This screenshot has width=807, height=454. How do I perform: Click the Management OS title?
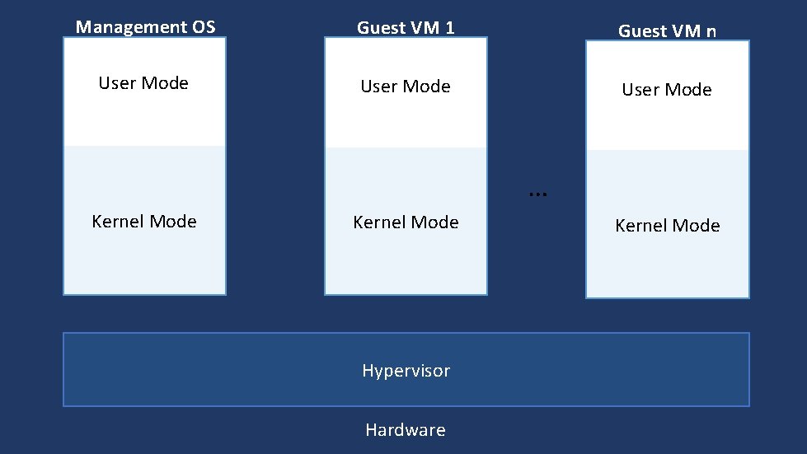point(145,27)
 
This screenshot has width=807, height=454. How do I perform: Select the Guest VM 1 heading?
point(406,28)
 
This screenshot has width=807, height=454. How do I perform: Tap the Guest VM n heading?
point(667,31)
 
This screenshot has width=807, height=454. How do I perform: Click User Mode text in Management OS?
point(143,83)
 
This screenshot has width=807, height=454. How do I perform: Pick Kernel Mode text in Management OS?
point(144,222)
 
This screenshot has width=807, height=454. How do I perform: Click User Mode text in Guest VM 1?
point(406,87)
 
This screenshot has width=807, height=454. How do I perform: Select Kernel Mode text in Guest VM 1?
point(406,222)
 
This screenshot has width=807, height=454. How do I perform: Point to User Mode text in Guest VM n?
point(667,90)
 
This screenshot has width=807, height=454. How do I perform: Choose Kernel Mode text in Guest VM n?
point(668,226)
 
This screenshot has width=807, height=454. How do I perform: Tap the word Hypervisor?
point(406,371)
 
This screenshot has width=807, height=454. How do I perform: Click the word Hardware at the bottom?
point(406,430)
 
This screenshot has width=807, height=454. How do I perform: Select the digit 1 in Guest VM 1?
point(449,28)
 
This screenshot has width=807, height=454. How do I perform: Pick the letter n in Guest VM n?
point(711,32)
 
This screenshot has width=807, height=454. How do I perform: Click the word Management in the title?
point(129,27)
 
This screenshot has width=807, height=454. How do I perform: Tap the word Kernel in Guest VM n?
point(640,226)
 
